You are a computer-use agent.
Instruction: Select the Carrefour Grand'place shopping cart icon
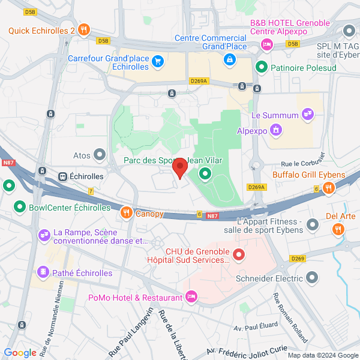click(158, 60)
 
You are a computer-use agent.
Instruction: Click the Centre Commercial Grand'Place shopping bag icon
click(229, 59)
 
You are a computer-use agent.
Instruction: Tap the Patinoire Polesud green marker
click(261, 67)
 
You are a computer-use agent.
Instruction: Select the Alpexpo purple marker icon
click(275, 128)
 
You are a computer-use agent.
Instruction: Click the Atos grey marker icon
click(100, 155)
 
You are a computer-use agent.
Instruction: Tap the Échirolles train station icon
click(62, 177)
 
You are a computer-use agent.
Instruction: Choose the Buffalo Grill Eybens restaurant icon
click(328, 188)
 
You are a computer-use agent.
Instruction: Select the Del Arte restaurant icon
click(338, 229)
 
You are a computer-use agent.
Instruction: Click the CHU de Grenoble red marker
click(238, 256)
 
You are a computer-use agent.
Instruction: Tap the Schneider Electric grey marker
click(312, 277)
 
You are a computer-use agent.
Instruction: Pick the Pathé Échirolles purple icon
click(43, 272)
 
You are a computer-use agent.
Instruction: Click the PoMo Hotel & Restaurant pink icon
click(191, 296)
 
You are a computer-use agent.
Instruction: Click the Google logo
click(20, 353)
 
